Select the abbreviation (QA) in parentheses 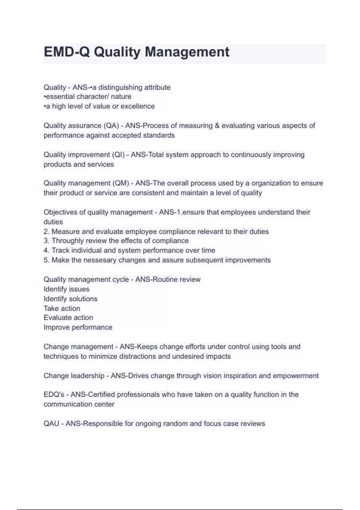(111, 126)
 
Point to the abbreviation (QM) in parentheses (121, 183)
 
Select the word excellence (138, 106)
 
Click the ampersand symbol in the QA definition (217, 126)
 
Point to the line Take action (62, 308)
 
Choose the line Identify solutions (70, 299)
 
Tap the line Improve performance (78, 327)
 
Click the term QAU (51, 424)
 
